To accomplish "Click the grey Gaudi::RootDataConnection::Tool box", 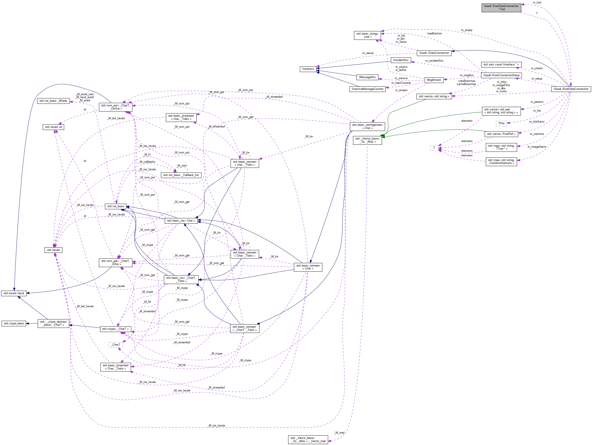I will tap(501, 8).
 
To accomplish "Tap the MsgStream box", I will tap(434, 80).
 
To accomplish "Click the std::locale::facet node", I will tap(14, 293).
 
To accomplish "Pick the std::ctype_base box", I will tap(14, 323).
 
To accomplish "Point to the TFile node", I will tap(501, 123).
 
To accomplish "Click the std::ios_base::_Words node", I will tap(53, 101).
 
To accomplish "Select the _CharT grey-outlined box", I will tap(116, 345).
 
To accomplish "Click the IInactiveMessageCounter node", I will tap(367, 89).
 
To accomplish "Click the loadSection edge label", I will tap(434, 34).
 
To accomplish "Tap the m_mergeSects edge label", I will tap(537, 147).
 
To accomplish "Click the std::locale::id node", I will tap(53, 127).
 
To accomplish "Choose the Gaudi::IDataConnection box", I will tap(434, 53).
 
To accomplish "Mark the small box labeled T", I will tap(434, 148).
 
